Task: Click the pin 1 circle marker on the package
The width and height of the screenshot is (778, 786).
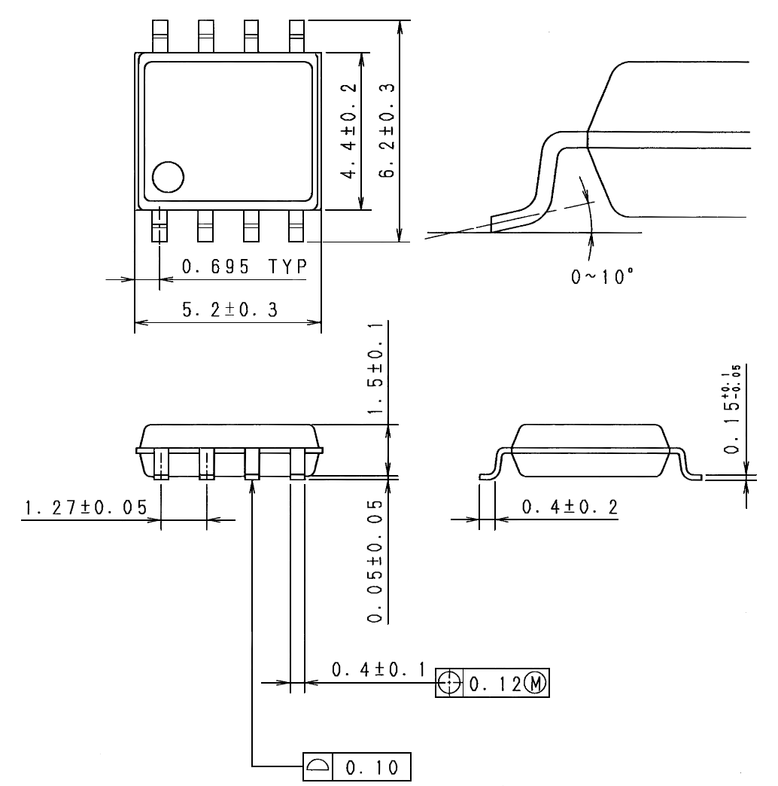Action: [168, 178]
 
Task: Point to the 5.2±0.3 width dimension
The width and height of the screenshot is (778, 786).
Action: [229, 311]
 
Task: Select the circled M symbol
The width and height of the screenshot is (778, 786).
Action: [537, 684]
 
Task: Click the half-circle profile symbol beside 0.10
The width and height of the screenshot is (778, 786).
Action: [318, 766]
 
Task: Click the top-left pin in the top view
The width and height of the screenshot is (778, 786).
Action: [160, 35]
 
